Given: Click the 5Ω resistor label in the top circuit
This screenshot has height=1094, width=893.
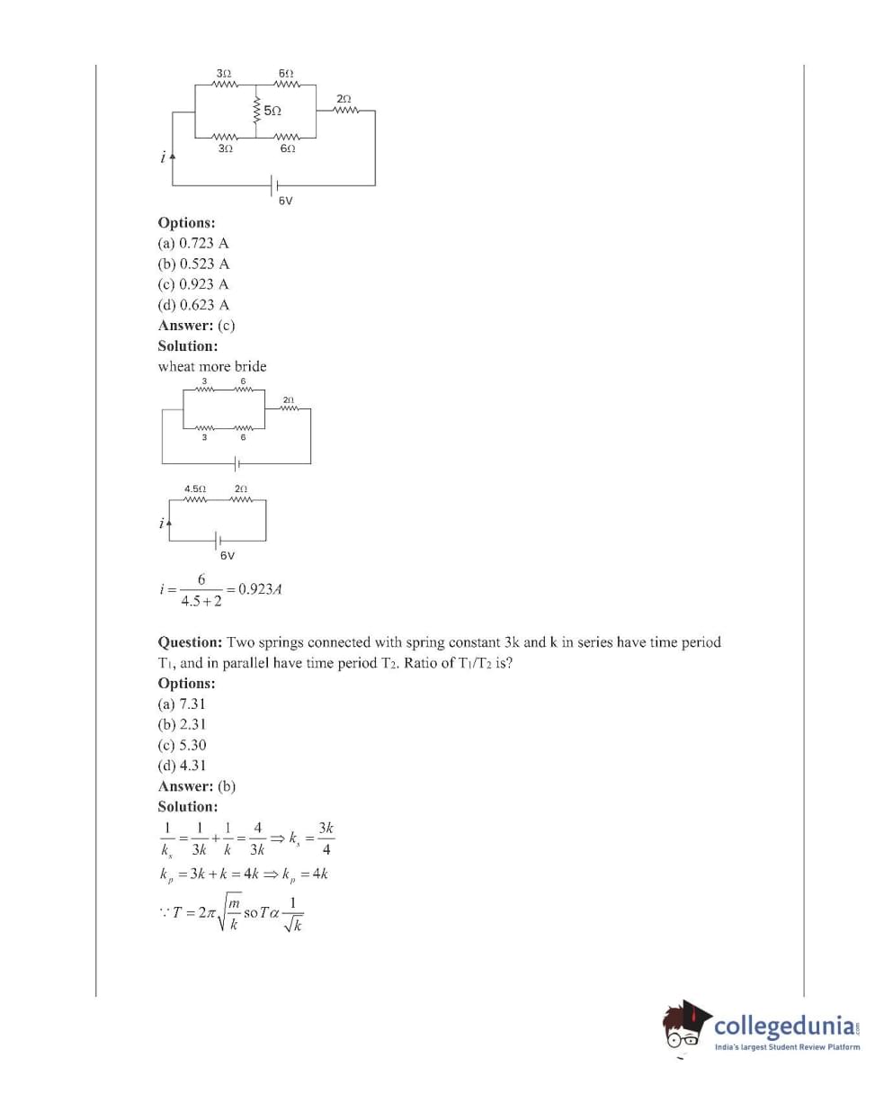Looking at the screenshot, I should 272,112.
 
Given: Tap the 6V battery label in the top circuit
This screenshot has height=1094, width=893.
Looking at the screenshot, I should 285,202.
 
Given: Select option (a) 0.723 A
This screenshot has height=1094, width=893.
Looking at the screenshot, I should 193,243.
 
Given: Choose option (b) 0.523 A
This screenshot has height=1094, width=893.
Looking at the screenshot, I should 193,264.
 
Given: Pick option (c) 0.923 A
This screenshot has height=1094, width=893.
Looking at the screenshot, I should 193,284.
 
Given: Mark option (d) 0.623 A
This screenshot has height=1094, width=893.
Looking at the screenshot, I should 193,305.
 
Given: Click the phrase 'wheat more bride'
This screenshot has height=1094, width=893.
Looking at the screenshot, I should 212,366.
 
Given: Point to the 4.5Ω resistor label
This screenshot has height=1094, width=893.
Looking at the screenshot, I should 195,489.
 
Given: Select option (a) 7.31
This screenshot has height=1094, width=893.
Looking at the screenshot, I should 182,704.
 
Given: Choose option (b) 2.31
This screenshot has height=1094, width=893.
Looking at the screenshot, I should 182,724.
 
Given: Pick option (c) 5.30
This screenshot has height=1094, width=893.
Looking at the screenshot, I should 182,745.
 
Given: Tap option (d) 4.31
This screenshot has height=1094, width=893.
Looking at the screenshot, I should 182,766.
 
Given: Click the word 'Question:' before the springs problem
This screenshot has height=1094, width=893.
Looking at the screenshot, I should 191,642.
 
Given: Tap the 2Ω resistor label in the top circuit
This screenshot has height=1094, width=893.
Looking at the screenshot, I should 344,98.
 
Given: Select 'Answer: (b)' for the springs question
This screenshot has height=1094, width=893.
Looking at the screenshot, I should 197,786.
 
